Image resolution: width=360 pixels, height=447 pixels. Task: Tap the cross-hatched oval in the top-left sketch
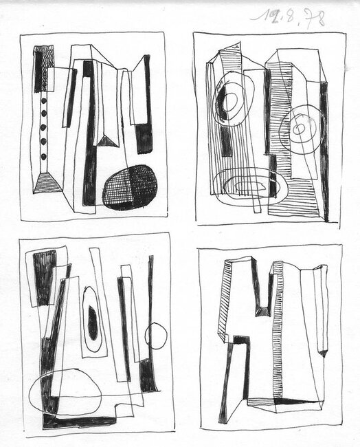tap(129, 187)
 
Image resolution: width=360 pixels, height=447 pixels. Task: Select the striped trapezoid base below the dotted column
tap(45, 182)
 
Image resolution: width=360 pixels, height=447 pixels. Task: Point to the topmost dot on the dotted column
tap(44, 101)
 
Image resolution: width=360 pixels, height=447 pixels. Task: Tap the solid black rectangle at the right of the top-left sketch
tap(144, 138)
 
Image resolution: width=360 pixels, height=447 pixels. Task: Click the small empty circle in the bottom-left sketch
tap(156, 336)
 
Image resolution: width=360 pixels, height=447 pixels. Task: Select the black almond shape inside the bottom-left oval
tap(92, 323)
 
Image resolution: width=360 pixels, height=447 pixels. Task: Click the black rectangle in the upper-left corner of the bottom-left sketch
tap(44, 276)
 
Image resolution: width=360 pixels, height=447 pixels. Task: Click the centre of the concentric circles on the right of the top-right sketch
tap(300, 129)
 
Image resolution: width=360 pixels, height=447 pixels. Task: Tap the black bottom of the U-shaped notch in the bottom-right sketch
tap(262, 312)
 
